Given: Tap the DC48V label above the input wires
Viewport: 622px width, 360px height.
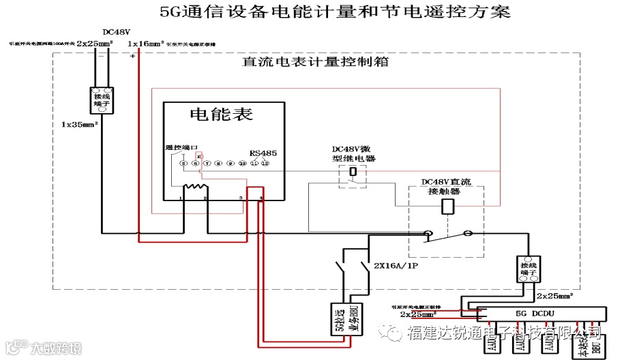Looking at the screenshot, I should point(115,32).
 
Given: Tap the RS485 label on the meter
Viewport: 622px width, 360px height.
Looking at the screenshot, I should point(263,153).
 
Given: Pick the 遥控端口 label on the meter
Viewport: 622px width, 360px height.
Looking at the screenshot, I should point(181,148).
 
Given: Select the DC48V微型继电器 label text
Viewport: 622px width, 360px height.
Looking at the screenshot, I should point(354,153).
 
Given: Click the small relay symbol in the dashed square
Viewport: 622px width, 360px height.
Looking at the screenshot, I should point(353,172).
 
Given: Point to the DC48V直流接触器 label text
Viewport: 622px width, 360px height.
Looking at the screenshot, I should point(446,187).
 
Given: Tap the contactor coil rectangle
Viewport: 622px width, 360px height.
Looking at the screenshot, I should point(447,207).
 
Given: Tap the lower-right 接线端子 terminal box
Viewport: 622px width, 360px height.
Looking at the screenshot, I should point(529,269).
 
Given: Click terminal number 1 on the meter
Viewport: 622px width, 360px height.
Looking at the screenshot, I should point(180,198).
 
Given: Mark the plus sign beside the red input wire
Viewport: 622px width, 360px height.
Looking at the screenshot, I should point(132,56).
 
